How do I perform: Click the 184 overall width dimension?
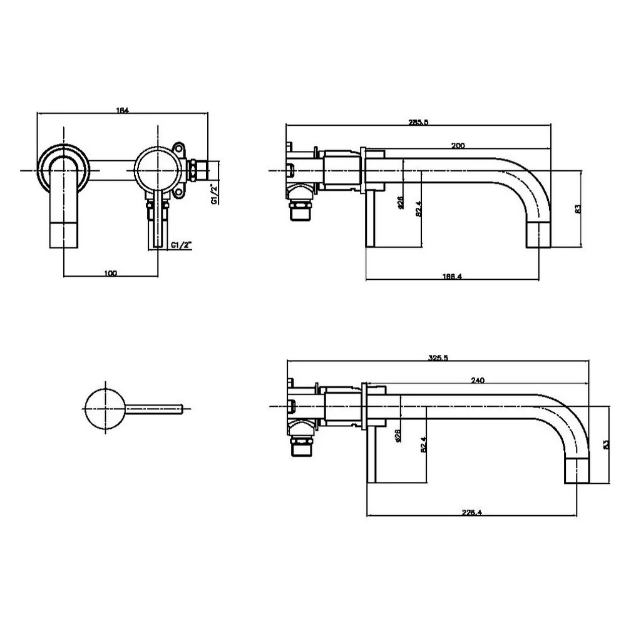pyautogui.click(x=123, y=110)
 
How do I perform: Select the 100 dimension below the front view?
pyautogui.click(x=110, y=273)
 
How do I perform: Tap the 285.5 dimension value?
pyautogui.click(x=418, y=123)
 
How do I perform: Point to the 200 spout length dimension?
pyautogui.click(x=458, y=145)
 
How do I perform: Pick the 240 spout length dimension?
pyautogui.click(x=478, y=380)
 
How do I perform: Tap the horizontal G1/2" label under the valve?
pyautogui.click(x=181, y=246)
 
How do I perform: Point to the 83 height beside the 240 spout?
pyautogui.click(x=604, y=443)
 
